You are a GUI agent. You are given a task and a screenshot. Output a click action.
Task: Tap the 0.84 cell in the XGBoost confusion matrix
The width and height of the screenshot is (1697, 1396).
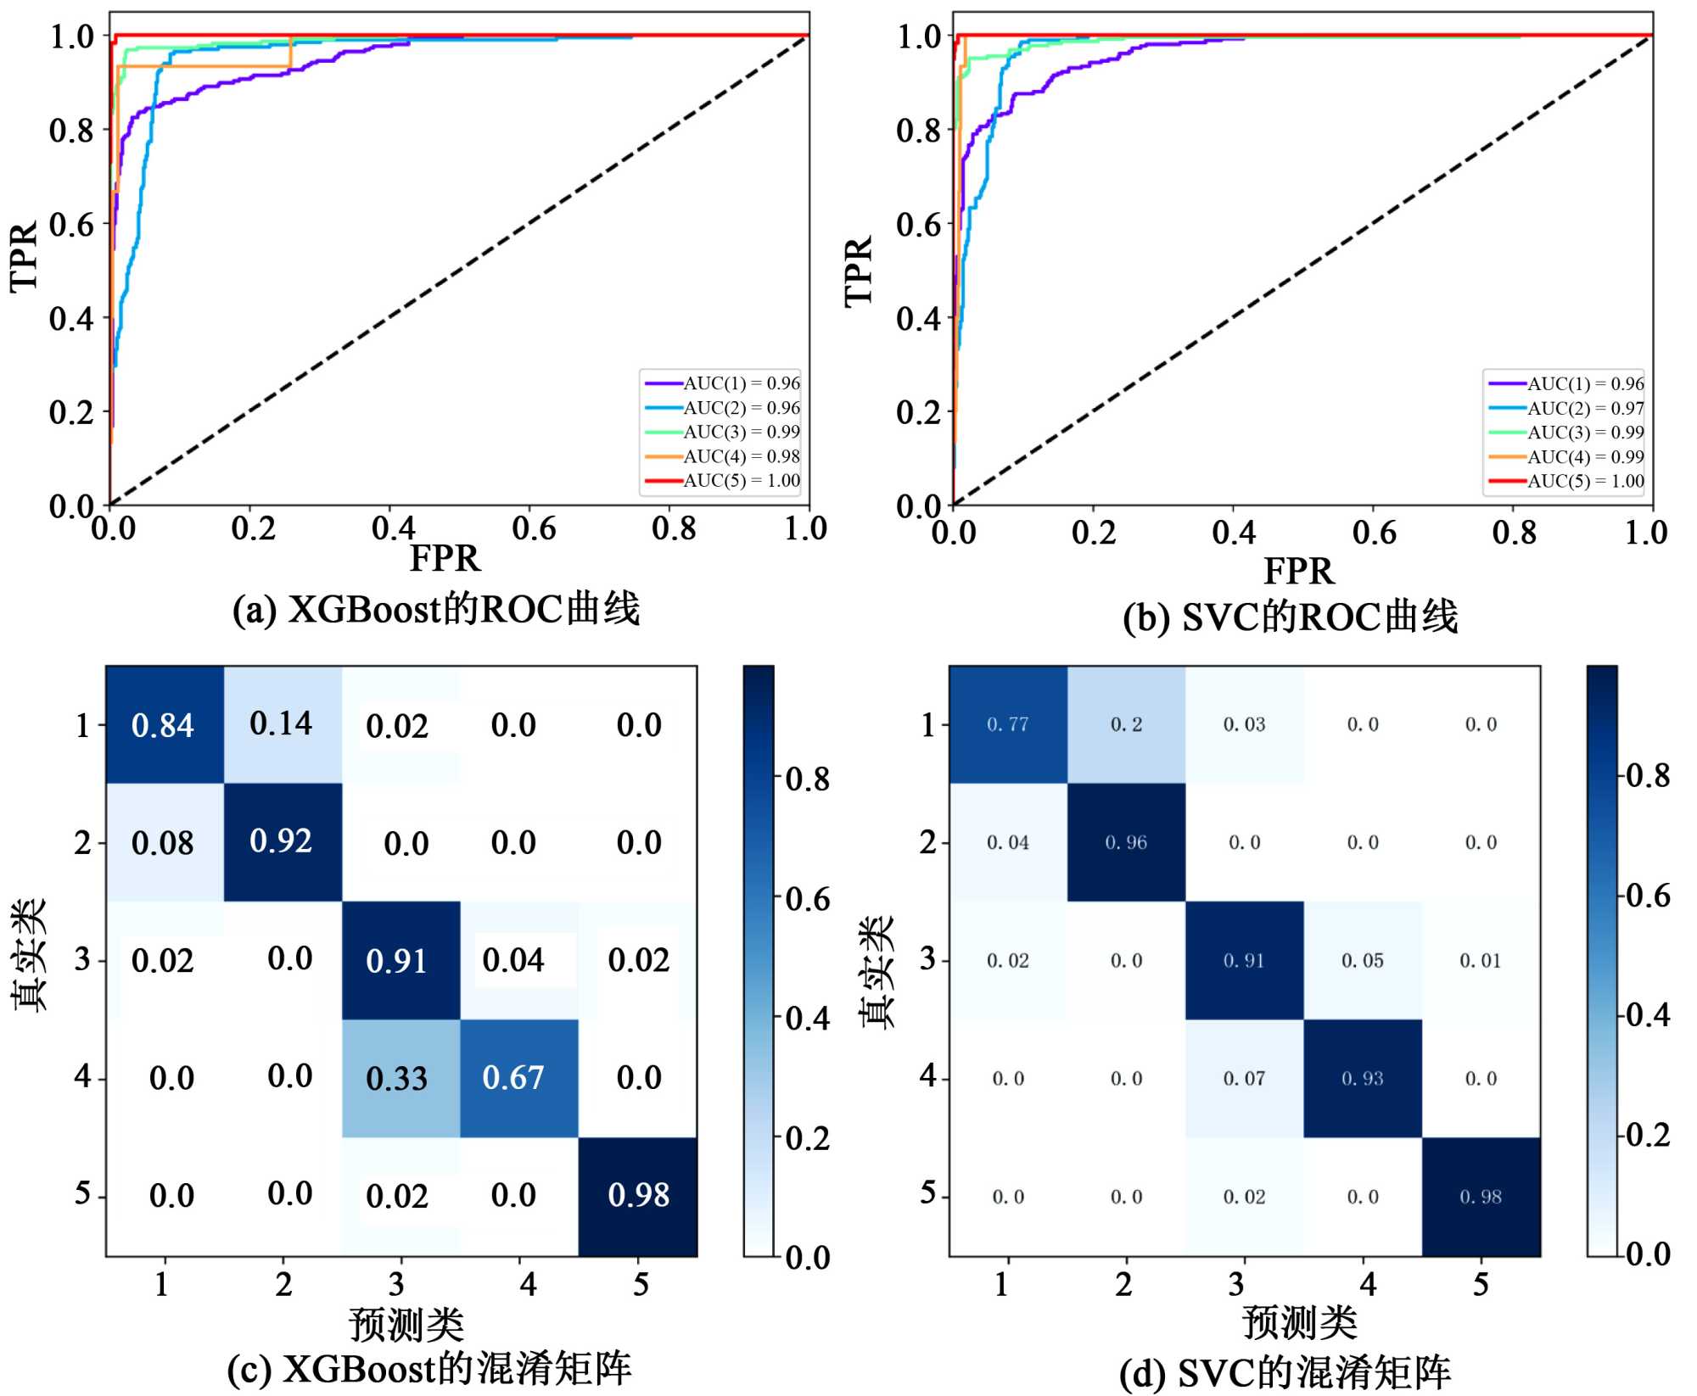pos(163,725)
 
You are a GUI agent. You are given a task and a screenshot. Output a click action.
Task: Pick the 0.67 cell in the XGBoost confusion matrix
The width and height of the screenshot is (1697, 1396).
pos(513,1077)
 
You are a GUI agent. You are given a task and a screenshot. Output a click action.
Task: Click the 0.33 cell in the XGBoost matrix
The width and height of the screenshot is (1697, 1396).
pos(396,1078)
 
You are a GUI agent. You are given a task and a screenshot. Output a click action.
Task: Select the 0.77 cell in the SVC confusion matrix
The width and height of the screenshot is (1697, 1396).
pos(1007,724)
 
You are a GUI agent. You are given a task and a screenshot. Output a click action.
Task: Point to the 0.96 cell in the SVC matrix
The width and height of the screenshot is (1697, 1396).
pos(1126,842)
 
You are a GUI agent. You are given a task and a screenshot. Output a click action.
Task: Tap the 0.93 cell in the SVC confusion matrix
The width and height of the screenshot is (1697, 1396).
pos(1362,1078)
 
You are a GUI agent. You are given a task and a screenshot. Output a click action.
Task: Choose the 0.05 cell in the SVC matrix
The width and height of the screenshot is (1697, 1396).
pos(1362,960)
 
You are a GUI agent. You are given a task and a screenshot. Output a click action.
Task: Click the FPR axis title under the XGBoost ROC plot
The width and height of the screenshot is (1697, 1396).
pos(445,559)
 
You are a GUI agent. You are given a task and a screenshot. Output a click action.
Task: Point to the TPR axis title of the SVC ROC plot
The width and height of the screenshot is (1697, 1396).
pos(859,271)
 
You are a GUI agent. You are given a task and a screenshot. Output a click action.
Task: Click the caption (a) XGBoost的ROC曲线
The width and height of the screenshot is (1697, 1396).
pos(436,609)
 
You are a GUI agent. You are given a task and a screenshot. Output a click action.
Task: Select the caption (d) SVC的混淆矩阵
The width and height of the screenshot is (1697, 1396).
pos(1285,1372)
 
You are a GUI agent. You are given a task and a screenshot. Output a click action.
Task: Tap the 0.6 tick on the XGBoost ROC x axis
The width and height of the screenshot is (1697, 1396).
pos(534,529)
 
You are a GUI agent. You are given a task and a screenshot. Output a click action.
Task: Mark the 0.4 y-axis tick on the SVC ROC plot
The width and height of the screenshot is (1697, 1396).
pos(918,319)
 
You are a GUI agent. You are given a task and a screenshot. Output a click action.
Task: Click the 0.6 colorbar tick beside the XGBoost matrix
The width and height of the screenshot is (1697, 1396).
pos(807,899)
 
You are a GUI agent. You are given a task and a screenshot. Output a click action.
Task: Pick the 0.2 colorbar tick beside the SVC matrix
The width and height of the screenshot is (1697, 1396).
pos(1648,1135)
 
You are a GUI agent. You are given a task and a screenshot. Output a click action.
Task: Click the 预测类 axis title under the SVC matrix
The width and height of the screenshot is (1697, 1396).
pos(1299,1322)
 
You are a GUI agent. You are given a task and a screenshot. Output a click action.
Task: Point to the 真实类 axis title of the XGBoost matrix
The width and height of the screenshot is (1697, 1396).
pos(30,956)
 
